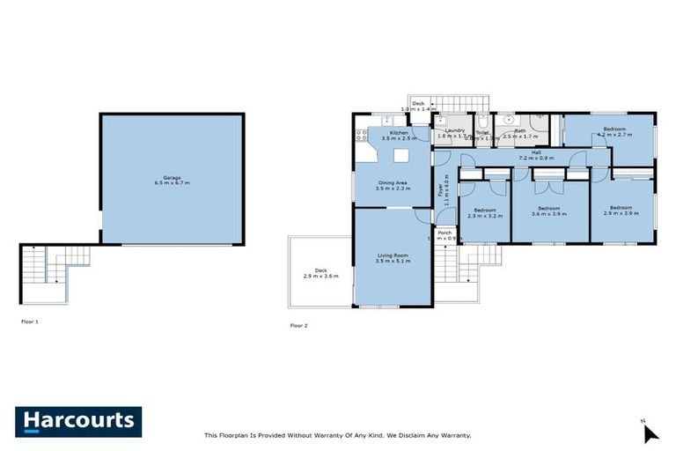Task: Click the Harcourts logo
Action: [x=78, y=421]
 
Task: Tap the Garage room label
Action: [x=172, y=177]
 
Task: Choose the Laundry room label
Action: [x=454, y=131]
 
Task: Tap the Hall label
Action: [x=536, y=152]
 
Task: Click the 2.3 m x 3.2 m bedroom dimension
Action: [x=485, y=215]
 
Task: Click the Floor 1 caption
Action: [x=30, y=322]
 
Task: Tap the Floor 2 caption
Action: [x=299, y=325]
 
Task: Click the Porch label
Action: [x=445, y=233]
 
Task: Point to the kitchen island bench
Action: [x=402, y=155]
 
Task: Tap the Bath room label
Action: [x=520, y=131]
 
